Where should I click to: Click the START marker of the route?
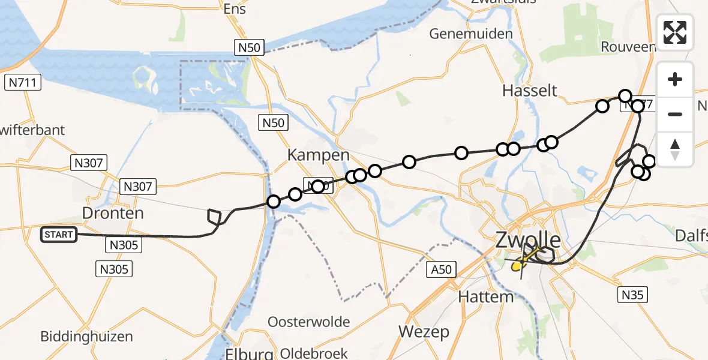[59, 235]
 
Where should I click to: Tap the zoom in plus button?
[675, 80]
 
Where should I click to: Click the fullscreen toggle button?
[675, 32]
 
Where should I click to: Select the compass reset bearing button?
[675, 149]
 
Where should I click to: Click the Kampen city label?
[318, 155]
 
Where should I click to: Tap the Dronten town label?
[114, 214]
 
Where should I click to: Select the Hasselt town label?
[530, 91]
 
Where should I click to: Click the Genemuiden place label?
[472, 34]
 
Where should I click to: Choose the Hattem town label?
[485, 297]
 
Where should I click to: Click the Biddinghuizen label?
[87, 336]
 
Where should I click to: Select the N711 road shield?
[22, 82]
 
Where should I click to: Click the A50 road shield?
[441, 269]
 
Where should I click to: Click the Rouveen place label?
[627, 47]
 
